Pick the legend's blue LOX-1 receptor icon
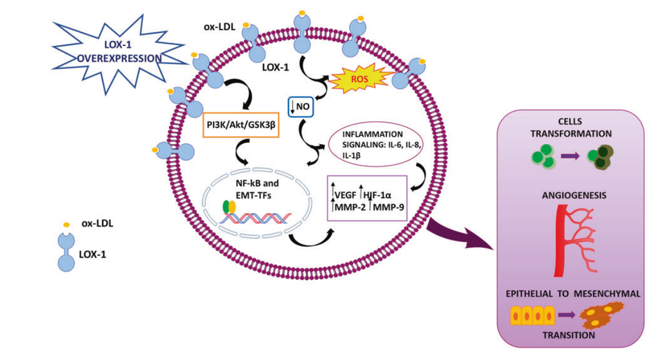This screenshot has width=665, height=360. (66, 251)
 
